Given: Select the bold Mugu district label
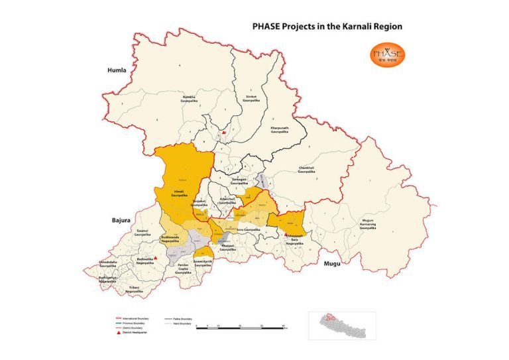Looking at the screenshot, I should point(331,264).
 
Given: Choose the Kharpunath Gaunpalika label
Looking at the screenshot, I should point(280,129).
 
